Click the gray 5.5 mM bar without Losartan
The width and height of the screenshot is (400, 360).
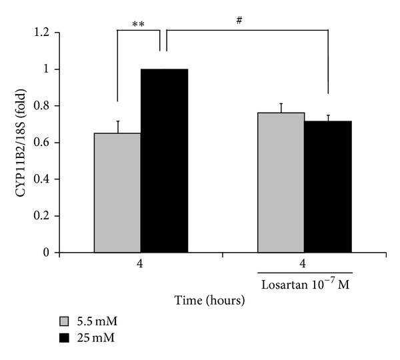point(117,193)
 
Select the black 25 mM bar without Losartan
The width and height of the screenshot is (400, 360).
point(164,161)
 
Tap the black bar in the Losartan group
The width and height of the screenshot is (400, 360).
point(327,187)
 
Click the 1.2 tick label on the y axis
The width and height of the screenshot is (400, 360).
point(41,33)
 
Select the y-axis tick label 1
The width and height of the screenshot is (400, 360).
point(44,69)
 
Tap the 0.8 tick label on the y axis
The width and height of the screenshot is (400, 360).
point(41,106)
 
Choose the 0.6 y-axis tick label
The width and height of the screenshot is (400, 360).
point(41,143)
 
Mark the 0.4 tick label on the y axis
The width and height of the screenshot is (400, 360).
point(41,179)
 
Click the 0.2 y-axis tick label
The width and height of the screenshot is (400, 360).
point(41,216)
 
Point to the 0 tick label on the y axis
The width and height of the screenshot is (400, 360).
point(44,253)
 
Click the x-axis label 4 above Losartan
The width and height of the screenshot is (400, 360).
point(304,264)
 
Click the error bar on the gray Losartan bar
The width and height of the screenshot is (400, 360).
point(281,107)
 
